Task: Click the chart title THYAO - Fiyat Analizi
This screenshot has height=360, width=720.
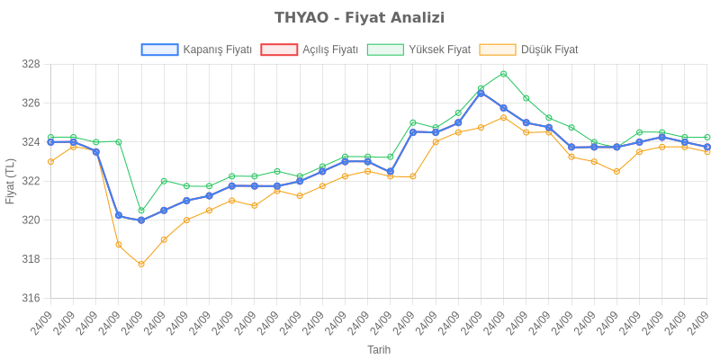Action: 359,18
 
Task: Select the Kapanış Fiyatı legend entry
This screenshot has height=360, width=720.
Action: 196,49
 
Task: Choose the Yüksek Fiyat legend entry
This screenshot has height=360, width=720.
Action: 418,49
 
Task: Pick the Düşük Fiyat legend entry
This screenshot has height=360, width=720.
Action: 529,49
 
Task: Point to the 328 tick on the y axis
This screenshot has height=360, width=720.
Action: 31,65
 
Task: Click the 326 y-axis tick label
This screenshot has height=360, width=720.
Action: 31,103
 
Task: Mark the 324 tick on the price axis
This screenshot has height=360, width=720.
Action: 31,142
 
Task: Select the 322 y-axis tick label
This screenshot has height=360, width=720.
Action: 31,181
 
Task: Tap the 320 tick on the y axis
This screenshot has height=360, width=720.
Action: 31,220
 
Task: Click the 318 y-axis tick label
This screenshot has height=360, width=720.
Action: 31,259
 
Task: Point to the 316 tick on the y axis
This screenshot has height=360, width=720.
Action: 31,298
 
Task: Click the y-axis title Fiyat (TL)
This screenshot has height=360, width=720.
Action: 10,181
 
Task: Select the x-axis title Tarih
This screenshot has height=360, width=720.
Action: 379,349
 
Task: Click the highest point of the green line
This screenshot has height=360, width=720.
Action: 503,74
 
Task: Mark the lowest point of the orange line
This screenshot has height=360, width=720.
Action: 141,265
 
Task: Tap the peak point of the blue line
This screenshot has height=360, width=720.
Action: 481,93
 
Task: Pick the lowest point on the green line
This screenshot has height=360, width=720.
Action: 141,211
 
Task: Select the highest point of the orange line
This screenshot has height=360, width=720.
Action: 503,117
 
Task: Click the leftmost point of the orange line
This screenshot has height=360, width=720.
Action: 50,161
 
